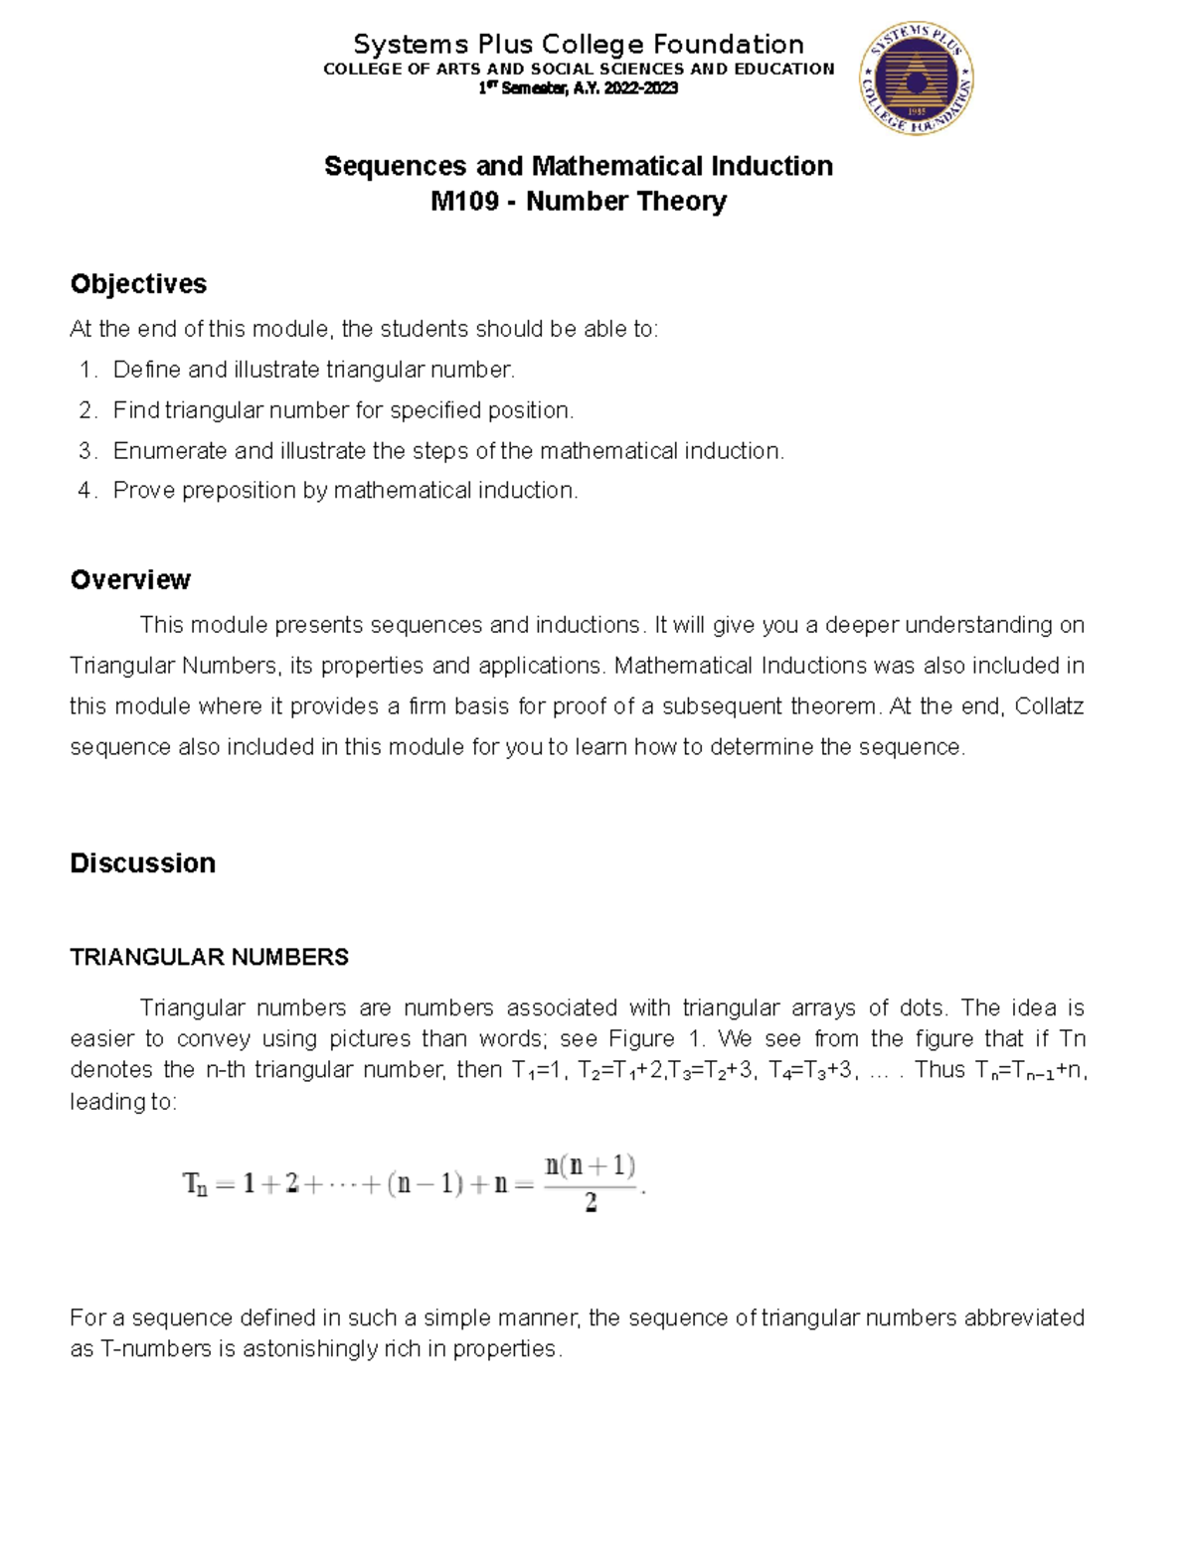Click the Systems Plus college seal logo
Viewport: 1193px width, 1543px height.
(x=916, y=78)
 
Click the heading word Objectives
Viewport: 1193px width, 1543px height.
(x=138, y=284)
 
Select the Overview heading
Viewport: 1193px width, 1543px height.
(x=130, y=580)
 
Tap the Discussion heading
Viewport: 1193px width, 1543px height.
(x=142, y=863)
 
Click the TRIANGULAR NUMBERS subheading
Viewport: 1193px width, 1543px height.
(x=209, y=958)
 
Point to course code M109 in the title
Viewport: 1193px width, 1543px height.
(x=464, y=202)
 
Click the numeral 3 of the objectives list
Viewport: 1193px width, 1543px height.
(x=85, y=451)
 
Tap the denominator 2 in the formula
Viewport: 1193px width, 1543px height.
(x=591, y=1204)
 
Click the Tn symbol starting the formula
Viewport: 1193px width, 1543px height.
(x=196, y=1184)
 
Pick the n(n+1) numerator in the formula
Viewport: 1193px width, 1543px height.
(x=591, y=1164)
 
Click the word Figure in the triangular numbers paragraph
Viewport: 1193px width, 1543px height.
(x=641, y=1039)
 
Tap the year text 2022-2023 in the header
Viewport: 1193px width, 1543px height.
(x=641, y=88)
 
